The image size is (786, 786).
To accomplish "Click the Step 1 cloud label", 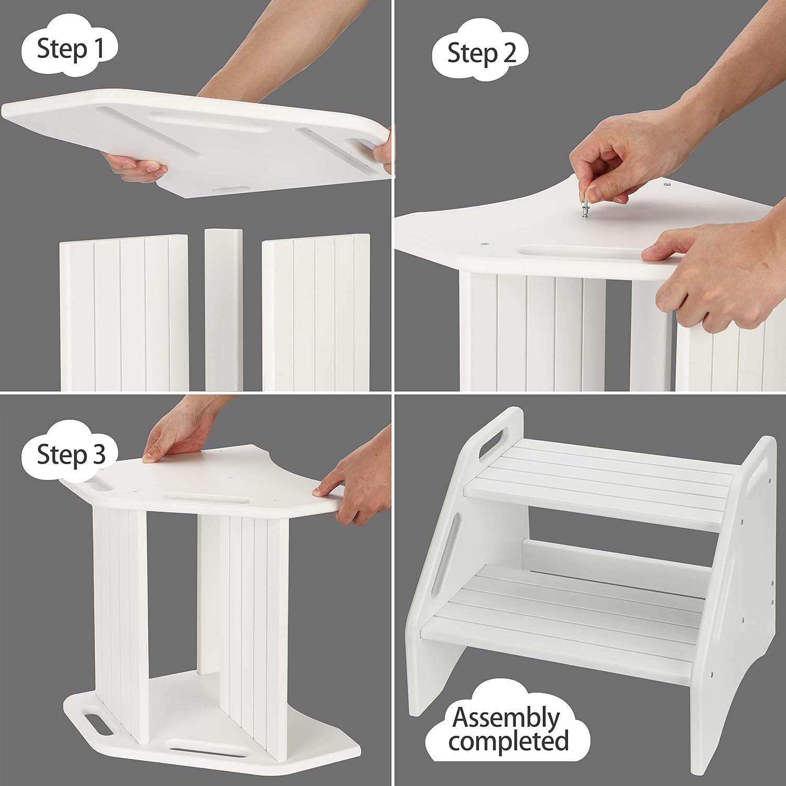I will tap(69, 49).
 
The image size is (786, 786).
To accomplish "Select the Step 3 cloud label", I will tap(71, 454).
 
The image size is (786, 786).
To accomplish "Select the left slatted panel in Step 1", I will tap(124, 313).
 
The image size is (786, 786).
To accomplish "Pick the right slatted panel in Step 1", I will tap(316, 313).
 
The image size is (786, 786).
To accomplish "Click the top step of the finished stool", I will tap(603, 482).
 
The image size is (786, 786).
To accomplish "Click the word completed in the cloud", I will tap(508, 741).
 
